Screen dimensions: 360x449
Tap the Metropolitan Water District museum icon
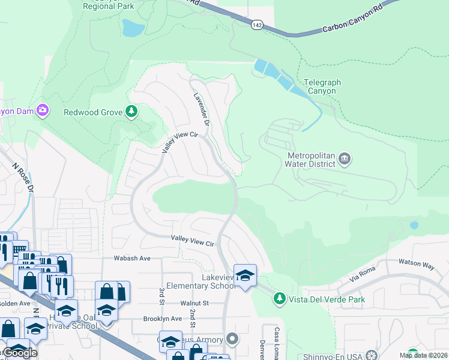click(345, 159)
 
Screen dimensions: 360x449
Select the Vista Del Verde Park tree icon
click(279, 298)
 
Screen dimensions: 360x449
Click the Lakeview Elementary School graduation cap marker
click(245, 275)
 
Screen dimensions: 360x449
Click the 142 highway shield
click(256, 23)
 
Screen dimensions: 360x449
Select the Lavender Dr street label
click(200, 109)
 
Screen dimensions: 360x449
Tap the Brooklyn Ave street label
click(162, 319)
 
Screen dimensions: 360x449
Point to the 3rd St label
click(161, 296)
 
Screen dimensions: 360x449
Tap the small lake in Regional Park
click(133, 28)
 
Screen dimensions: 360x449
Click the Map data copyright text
click(421, 355)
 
